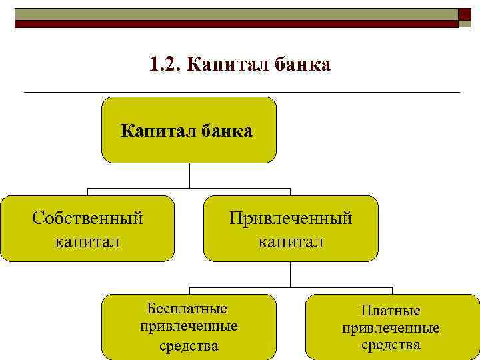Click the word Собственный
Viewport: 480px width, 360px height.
coord(87,218)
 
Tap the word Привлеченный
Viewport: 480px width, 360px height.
coord(291,218)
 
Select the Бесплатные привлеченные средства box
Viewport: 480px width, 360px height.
coord(189,333)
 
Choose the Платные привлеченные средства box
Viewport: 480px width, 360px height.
coord(391,333)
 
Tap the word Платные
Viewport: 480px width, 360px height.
coord(391,311)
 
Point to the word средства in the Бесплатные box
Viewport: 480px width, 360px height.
coord(189,345)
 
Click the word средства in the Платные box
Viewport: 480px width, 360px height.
coord(391,345)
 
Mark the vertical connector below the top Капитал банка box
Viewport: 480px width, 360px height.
coord(189,175)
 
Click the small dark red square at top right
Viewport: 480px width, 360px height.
coord(465,15)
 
